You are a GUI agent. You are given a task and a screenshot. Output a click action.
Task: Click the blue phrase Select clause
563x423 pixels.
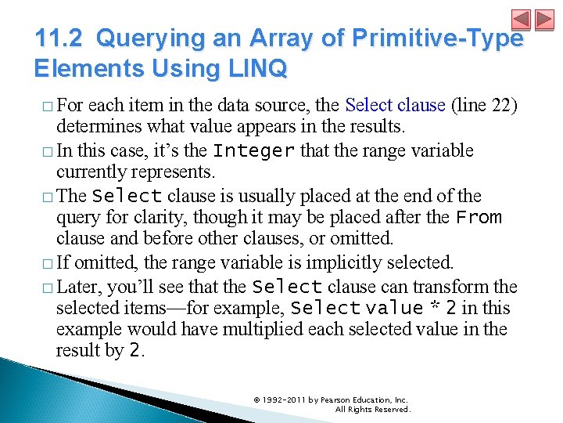coord(395,105)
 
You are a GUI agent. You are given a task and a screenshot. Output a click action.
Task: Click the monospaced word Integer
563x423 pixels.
coord(253,150)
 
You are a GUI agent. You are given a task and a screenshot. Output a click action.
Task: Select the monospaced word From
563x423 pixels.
coord(479,217)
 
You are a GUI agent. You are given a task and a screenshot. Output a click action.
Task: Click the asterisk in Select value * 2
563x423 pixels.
coord(433,307)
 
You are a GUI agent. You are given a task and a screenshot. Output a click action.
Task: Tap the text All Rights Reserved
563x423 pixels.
coord(372,409)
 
